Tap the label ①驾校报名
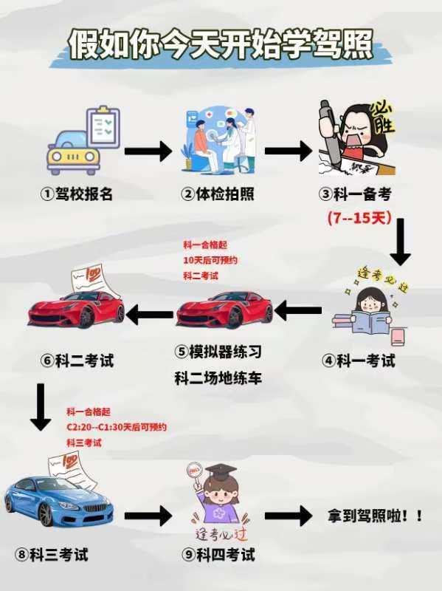pyautogui.click(x=77, y=194)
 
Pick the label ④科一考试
pyautogui.click(x=359, y=361)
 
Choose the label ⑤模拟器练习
pyautogui.click(x=218, y=352)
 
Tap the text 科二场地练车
pyautogui.click(x=218, y=378)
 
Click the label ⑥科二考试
pyautogui.click(x=77, y=361)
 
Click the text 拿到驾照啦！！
pyautogui.click(x=376, y=516)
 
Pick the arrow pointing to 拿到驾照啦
pyautogui.click(x=288, y=516)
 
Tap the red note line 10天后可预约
pyautogui.click(x=210, y=260)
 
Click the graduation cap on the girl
pyautogui.click(x=219, y=471)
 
